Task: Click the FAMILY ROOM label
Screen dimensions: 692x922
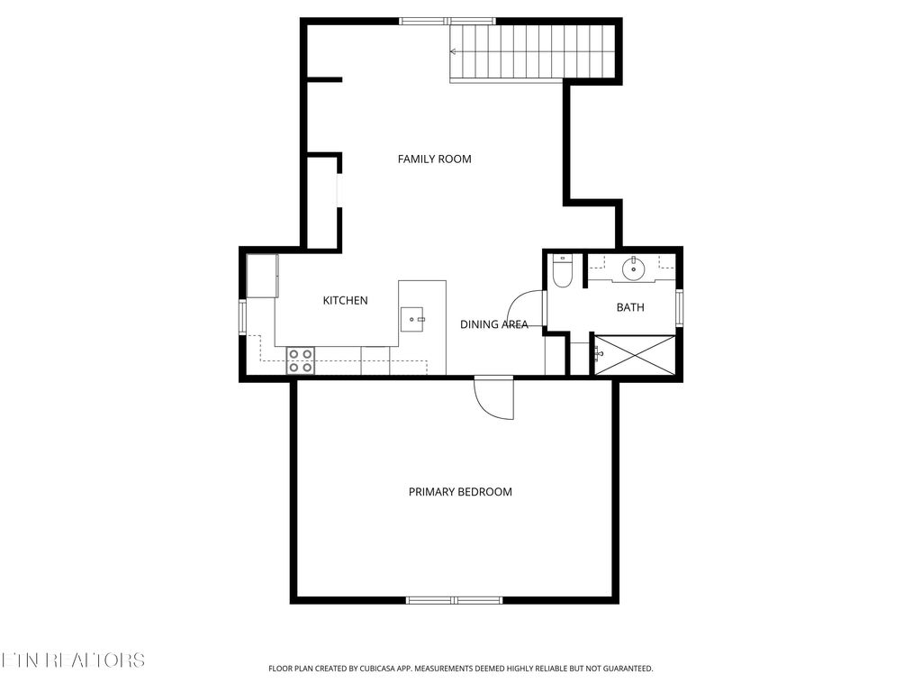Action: pos(434,159)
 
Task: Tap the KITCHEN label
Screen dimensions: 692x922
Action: pos(345,301)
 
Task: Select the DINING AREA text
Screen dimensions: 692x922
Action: pos(493,324)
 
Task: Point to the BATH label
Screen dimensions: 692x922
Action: pos(630,308)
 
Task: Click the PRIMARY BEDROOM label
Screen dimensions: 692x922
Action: pos(460,492)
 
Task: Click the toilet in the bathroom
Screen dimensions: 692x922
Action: pos(562,271)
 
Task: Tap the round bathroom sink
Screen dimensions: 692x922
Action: pos(634,267)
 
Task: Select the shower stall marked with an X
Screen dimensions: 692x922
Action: pos(633,354)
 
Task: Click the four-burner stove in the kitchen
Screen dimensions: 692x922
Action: pos(301,360)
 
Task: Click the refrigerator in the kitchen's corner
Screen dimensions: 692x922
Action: pos(263,275)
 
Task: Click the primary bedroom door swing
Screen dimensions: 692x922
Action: pos(494,398)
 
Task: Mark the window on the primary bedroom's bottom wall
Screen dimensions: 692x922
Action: pos(454,599)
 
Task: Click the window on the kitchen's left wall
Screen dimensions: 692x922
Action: pos(242,316)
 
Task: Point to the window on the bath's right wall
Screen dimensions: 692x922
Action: pos(680,305)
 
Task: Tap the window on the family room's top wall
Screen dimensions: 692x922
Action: pos(447,21)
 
